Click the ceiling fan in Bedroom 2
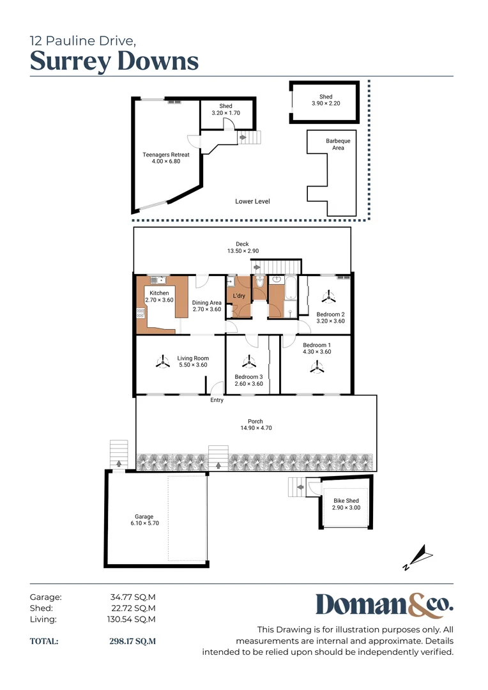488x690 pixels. click(x=328, y=298)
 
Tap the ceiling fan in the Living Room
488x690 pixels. click(x=163, y=362)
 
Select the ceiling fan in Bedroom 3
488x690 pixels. click(x=249, y=362)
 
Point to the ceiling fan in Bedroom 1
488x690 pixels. click(x=317, y=367)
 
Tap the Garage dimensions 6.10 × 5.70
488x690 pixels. click(x=144, y=523)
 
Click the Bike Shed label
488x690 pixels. click(x=346, y=501)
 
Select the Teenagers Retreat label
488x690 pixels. click(x=166, y=155)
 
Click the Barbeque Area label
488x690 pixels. click(x=338, y=144)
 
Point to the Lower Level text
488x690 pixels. click(x=252, y=201)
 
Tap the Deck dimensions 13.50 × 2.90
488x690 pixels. click(x=243, y=251)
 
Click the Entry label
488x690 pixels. click(x=217, y=400)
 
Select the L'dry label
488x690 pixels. click(x=239, y=296)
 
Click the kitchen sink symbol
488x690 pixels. click(x=158, y=280)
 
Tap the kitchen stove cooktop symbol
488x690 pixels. click(x=141, y=313)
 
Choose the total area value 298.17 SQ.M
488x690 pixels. click(x=132, y=641)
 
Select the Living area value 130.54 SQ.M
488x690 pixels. click(x=131, y=619)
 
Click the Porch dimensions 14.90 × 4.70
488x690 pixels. click(x=256, y=427)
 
